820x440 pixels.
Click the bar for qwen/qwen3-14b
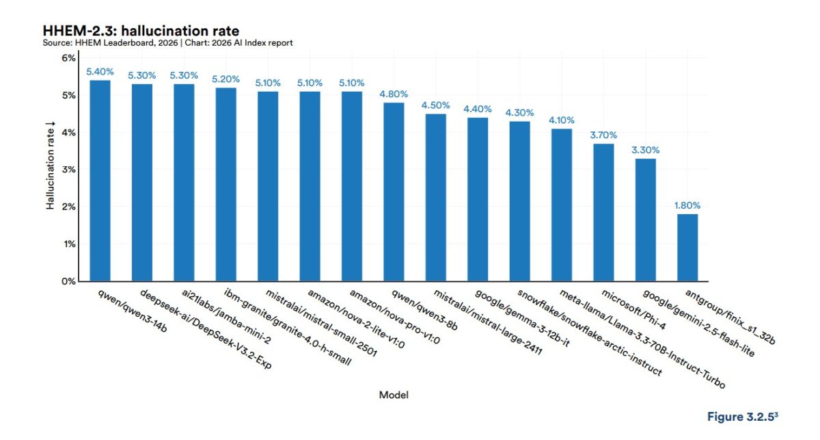100,181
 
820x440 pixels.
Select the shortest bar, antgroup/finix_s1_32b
687,248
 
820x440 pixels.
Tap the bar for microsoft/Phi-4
603,212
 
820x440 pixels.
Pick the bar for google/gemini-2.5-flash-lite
646,220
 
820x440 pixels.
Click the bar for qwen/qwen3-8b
394,192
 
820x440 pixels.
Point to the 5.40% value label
100,72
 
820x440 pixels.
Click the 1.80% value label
687,205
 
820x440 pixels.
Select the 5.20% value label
225,79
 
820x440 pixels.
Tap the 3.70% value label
603,135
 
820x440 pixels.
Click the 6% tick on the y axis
68,58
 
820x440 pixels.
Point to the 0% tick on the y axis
68,281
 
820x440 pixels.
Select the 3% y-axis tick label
68,170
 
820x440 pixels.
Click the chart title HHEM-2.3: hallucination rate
140,31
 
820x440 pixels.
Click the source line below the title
167,43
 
